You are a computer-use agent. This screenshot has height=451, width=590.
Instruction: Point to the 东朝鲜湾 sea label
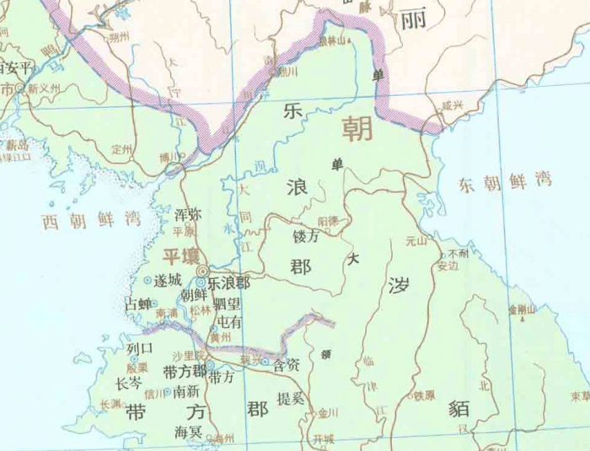pyautogui.click(x=506, y=180)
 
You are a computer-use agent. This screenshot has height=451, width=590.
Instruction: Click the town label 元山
pyautogui.click(x=417, y=241)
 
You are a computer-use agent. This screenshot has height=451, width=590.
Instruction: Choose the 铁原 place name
pyautogui.click(x=424, y=395)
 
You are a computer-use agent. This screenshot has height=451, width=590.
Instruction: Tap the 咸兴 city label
pyautogui.click(x=453, y=106)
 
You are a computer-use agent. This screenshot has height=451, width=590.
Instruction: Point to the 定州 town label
pyautogui.click(x=122, y=148)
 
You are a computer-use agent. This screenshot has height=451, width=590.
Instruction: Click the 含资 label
pyautogui.click(x=287, y=366)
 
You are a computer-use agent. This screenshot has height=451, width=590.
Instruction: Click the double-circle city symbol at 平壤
pyautogui.click(x=201, y=283)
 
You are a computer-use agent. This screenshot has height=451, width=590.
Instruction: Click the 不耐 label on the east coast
pyautogui.click(x=459, y=253)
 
